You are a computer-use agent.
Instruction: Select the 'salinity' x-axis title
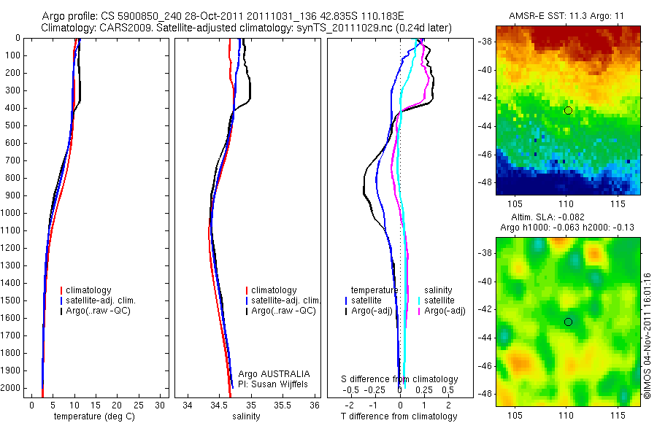tap(245, 416)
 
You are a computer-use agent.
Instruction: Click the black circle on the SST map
tap(568, 110)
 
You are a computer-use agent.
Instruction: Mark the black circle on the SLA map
tap(568, 322)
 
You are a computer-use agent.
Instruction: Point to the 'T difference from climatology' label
tap(399, 416)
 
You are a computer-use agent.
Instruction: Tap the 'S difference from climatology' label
tap(399, 379)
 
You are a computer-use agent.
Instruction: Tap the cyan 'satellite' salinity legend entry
tap(439, 300)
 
